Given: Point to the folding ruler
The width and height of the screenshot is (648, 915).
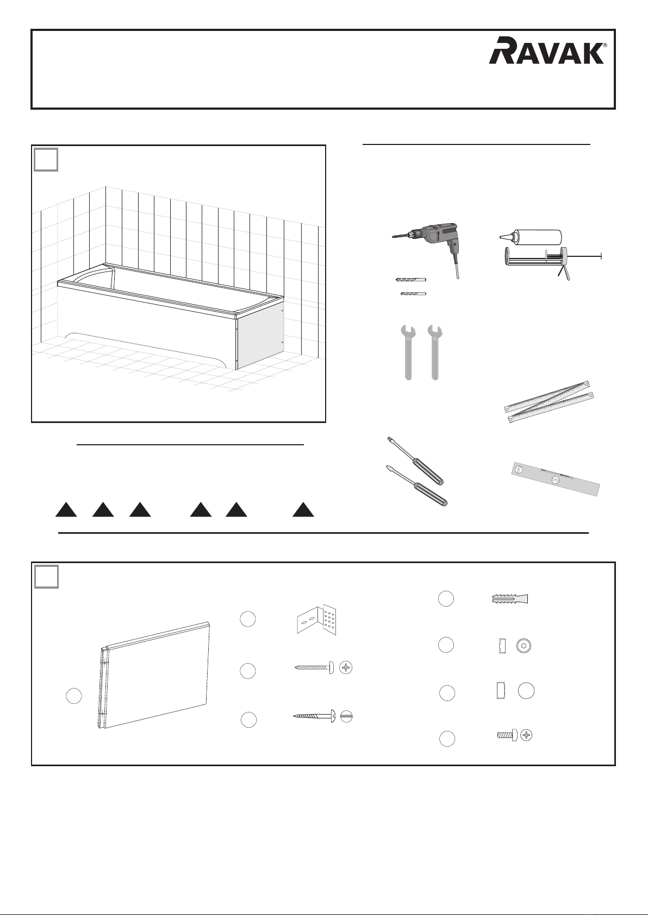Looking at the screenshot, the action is (x=549, y=401).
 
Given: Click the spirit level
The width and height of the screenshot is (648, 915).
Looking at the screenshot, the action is (x=556, y=479).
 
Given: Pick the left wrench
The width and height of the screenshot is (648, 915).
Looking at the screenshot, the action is (x=408, y=352).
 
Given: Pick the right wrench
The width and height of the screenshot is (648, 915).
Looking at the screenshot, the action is (x=435, y=352).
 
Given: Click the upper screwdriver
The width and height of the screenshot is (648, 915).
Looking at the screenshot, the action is (x=415, y=460).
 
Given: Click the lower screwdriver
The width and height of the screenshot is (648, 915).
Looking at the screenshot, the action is (x=416, y=485).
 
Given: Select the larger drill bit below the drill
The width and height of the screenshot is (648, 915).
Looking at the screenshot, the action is (x=411, y=280).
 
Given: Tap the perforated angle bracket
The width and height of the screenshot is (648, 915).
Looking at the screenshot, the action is (x=317, y=619).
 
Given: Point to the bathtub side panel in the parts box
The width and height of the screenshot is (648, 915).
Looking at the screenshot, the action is (x=154, y=676).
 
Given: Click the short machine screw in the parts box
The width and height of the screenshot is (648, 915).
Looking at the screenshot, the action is (x=514, y=736).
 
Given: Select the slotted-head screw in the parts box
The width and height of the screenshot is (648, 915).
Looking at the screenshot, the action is (x=322, y=716).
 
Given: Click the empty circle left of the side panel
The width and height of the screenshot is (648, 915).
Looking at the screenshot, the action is (x=74, y=696).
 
